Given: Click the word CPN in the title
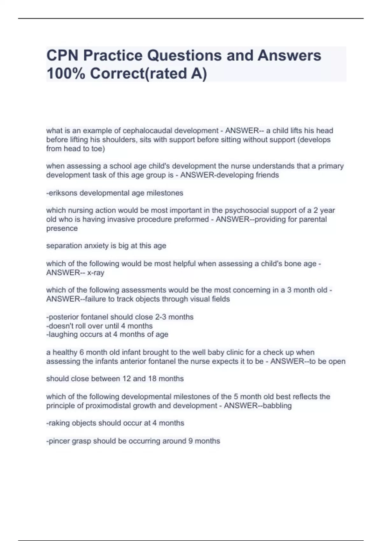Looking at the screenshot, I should (x=62, y=55).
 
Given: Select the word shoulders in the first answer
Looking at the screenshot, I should (x=120, y=140).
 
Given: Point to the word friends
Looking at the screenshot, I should (x=267, y=175).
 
